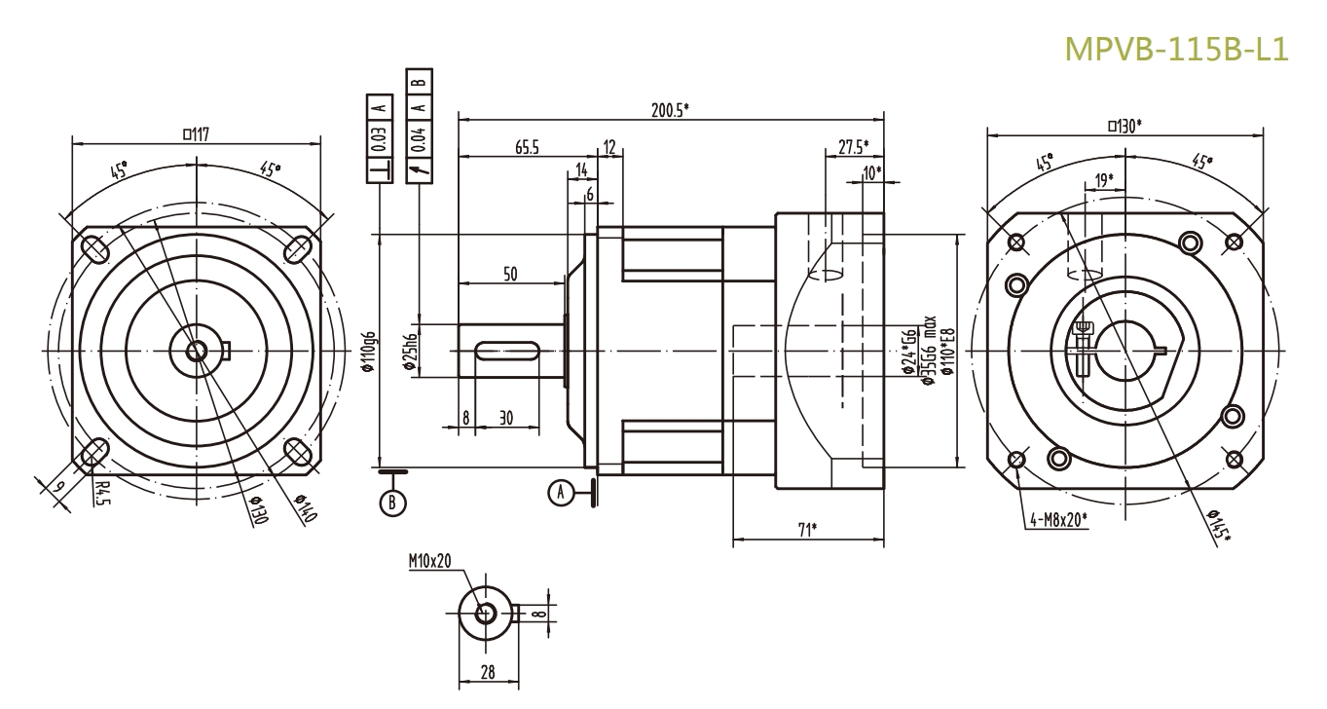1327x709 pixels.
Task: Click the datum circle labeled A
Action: pyautogui.click(x=560, y=493)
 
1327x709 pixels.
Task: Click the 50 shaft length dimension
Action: pyautogui.click(x=510, y=276)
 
